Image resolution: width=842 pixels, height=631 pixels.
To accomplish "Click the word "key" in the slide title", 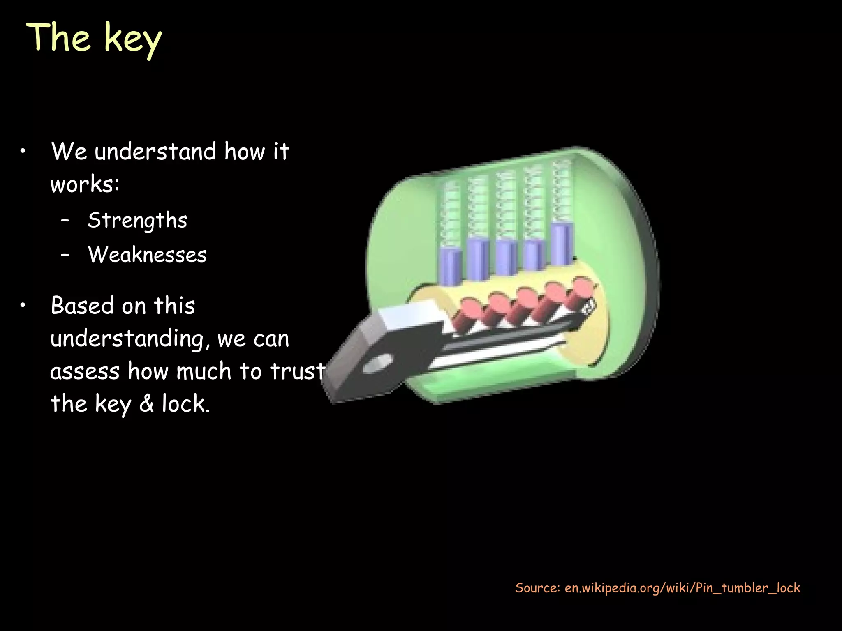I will coord(132,39).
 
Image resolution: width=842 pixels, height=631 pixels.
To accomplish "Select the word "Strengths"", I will coord(137,221).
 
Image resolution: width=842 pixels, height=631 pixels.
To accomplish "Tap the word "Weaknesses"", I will coord(147,255).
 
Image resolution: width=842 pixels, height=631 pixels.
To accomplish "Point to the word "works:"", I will coord(85,184).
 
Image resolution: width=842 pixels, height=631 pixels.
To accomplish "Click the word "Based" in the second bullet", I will coord(82,306).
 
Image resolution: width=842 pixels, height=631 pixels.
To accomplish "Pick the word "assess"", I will coord(84,371).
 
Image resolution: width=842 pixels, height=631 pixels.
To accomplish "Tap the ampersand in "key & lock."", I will coord(146,403).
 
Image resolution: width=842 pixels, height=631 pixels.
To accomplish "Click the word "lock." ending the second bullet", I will coord(185,403).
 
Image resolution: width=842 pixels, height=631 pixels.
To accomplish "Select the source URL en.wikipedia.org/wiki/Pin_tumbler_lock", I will coord(682,588).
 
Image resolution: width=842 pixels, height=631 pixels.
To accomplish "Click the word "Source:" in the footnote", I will coord(537,588).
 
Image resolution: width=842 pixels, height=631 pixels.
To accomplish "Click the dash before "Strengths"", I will coord(65,220).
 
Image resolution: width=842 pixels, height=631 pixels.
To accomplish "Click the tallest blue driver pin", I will coord(562,244).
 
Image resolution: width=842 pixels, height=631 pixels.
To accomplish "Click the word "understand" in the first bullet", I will coord(155,152).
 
